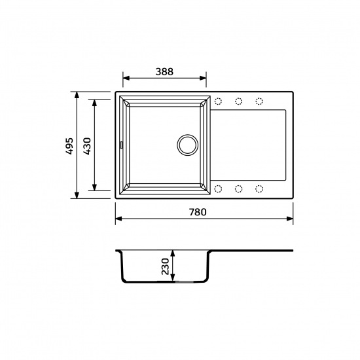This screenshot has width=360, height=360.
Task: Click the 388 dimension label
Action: point(164,71)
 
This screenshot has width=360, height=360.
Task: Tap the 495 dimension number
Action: point(69,146)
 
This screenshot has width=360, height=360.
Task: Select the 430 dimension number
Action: point(87,146)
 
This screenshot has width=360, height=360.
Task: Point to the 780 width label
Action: point(198,212)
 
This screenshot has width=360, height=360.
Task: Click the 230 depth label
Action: point(165,266)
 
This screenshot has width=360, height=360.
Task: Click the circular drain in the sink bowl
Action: point(188,145)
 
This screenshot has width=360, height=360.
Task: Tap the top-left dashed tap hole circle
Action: point(218,101)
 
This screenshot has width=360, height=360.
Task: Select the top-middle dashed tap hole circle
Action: point(239,101)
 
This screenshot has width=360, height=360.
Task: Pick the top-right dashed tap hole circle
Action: point(259,101)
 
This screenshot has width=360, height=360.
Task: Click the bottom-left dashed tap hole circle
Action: point(218,189)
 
